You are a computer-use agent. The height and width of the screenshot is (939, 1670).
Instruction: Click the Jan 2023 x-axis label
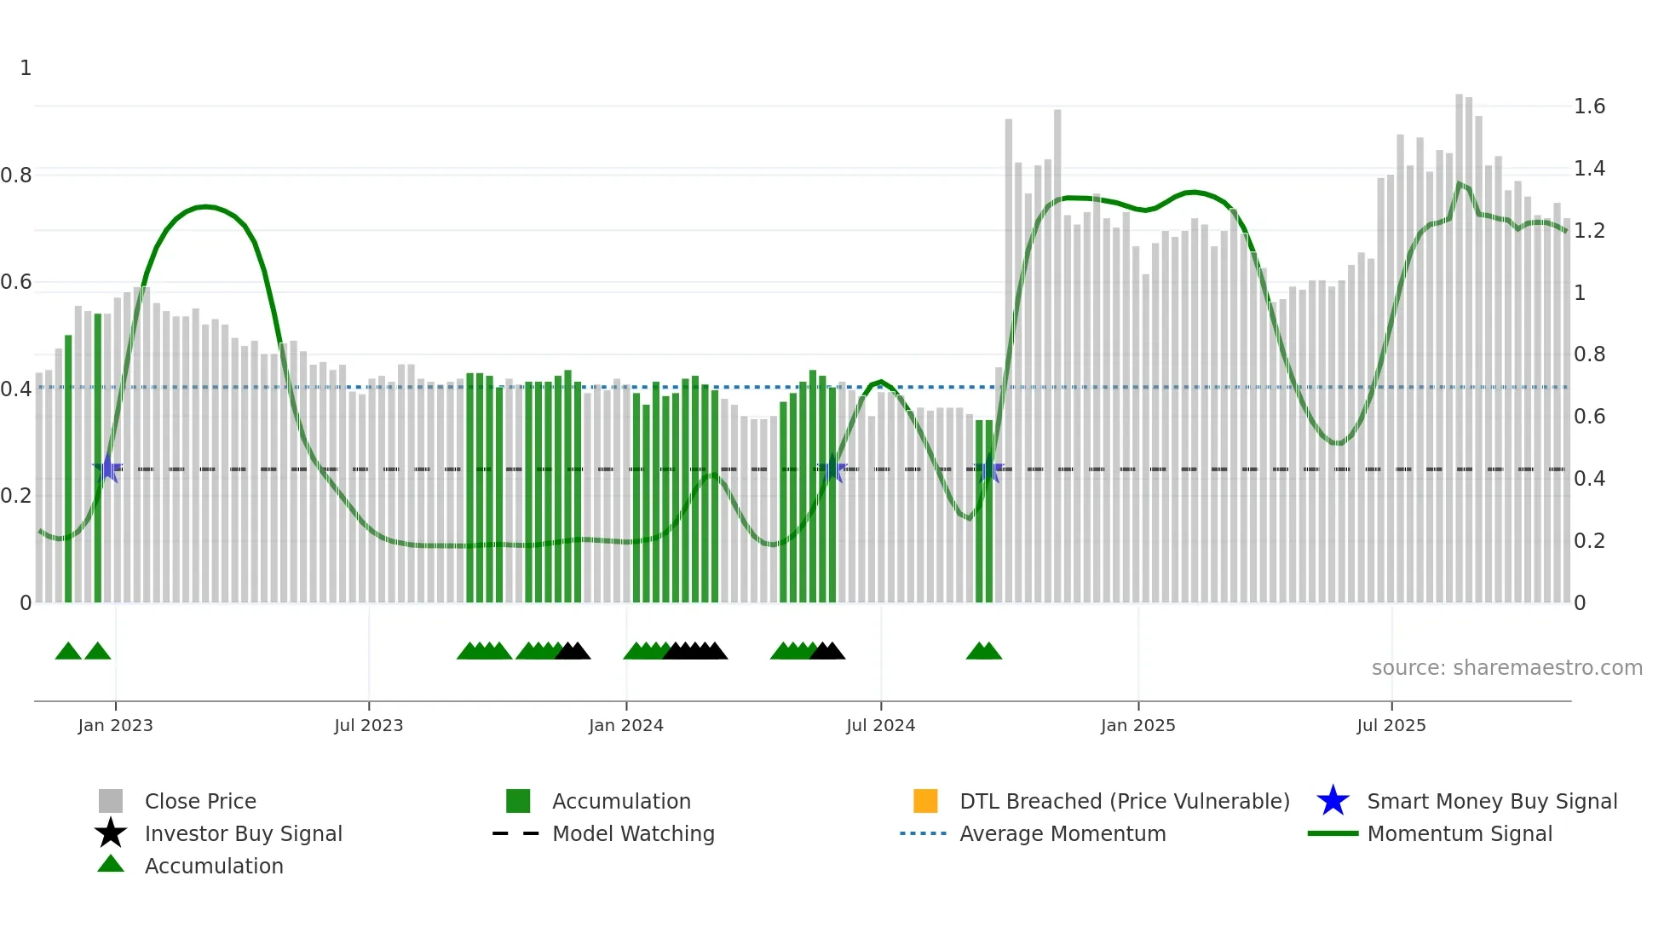(115, 726)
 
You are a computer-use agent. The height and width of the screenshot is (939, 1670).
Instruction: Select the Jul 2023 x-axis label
(368, 726)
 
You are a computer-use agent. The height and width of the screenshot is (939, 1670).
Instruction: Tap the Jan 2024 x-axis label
(625, 726)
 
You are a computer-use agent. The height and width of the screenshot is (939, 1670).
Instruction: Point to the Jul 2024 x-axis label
(880, 726)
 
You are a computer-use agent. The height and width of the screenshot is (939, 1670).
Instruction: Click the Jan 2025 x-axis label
(1137, 726)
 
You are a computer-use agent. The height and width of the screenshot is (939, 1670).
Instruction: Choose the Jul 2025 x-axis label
(1391, 726)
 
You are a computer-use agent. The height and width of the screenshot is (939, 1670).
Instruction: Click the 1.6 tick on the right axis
(1589, 107)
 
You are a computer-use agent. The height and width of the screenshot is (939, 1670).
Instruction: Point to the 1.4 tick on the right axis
(1589, 169)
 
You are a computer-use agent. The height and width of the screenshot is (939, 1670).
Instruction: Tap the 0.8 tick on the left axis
(16, 176)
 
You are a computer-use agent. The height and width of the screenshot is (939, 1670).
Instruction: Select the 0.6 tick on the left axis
(16, 282)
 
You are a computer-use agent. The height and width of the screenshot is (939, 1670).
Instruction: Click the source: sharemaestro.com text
(1506, 668)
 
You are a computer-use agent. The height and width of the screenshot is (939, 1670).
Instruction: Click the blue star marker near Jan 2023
(107, 468)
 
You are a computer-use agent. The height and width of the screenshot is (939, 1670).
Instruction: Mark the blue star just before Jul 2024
(832, 469)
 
